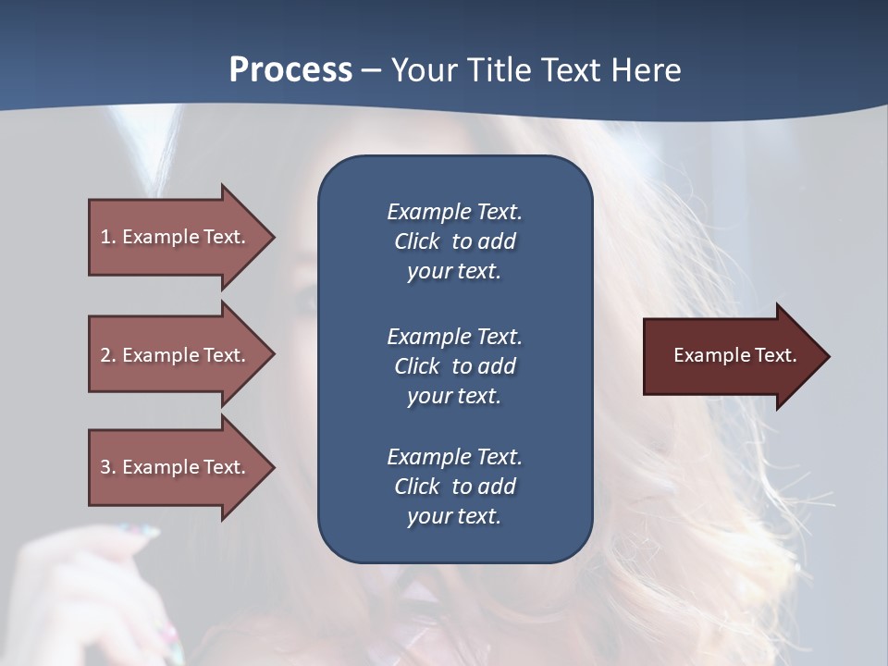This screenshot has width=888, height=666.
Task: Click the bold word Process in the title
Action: [290, 70]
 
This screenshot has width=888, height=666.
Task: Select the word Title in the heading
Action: [499, 70]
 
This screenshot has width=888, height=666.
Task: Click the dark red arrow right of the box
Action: [735, 356]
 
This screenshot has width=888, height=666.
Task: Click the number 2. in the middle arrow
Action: [108, 355]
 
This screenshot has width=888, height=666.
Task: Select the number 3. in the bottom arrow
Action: [108, 467]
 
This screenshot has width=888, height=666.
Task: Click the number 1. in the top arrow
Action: [108, 237]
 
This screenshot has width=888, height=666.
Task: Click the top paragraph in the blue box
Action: [454, 241]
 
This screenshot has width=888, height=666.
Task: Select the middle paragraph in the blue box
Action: [454, 365]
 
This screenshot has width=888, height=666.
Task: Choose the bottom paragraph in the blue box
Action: [454, 487]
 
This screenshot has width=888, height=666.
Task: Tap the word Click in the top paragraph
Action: [416, 241]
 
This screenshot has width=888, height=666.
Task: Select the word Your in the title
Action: [424, 70]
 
